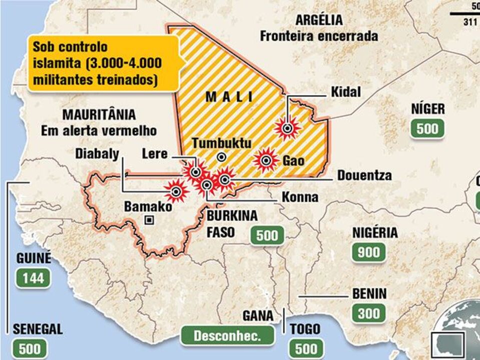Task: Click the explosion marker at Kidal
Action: (287, 129)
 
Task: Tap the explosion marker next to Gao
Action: (266, 160)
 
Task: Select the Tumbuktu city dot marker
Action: (221, 157)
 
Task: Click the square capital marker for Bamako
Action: (149, 219)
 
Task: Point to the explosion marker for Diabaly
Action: (176, 190)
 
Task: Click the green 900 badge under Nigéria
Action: (369, 252)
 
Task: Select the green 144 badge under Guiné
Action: (34, 278)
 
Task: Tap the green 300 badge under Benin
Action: (369, 313)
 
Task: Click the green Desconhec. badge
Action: (228, 335)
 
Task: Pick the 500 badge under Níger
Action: (427, 129)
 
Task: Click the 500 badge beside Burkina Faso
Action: (267, 235)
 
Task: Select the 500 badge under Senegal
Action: (30, 348)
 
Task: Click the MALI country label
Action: (230, 97)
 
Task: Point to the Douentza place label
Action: (364, 175)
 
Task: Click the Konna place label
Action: (300, 197)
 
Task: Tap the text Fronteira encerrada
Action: (319, 36)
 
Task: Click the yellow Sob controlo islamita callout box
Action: (103, 63)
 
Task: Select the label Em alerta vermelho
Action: (99, 131)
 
